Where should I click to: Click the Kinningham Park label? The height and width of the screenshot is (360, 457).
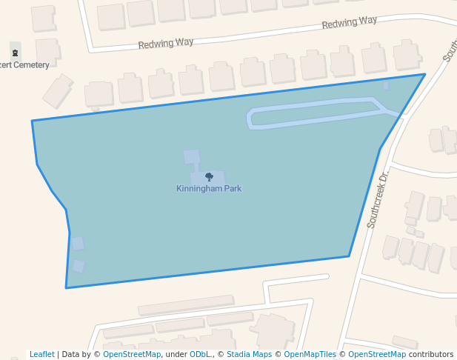[209, 188]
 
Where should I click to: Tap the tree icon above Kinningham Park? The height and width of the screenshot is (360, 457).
[209, 177]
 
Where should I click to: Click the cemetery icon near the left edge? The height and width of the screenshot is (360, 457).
[16, 52]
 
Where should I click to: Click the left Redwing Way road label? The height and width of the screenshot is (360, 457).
[166, 44]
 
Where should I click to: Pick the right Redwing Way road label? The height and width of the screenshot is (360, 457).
[350, 23]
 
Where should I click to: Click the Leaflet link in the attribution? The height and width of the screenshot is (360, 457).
[41, 354]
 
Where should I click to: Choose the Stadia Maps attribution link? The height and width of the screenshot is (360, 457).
[249, 354]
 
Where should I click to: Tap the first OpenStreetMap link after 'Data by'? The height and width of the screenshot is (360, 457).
[132, 354]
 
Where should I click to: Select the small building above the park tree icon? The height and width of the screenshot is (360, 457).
[191, 156]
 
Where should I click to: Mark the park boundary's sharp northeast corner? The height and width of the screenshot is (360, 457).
[424, 74]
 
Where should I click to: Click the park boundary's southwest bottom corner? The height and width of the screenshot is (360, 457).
[66, 287]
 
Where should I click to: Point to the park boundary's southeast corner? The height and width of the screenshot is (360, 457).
[349, 256]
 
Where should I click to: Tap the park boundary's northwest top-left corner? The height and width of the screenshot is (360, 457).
[32, 121]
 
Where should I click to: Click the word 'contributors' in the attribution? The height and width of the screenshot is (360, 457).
[431, 354]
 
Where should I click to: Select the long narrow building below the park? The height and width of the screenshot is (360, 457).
[185, 304]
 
